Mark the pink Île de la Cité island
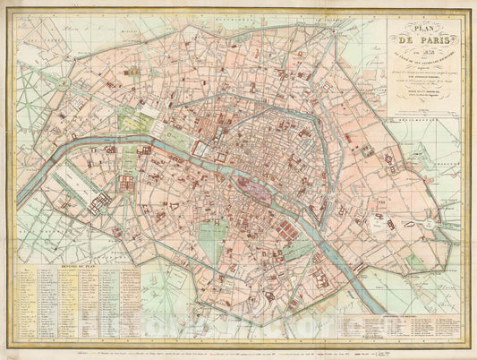coord(252,184)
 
